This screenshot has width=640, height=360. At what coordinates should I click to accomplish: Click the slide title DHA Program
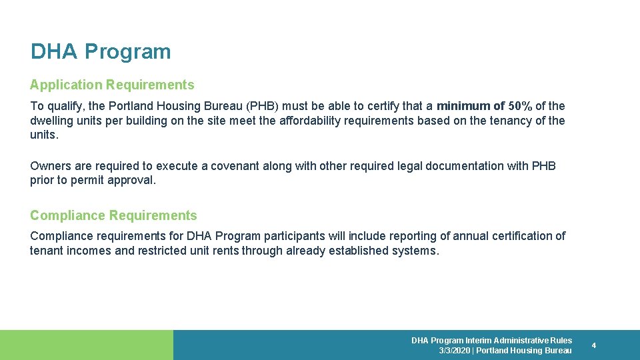(x=101, y=52)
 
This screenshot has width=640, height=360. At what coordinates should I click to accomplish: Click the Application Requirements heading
(x=112, y=85)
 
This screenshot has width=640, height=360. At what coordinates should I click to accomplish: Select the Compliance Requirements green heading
(x=113, y=215)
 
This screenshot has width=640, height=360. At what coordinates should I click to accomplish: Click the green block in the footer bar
(x=87, y=345)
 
